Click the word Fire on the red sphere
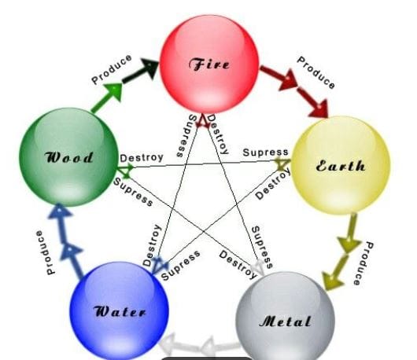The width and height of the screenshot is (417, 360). (209, 64)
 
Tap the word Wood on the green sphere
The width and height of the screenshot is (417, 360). (69, 157)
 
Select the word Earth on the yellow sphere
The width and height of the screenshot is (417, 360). (341, 166)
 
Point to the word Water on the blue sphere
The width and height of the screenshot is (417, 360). (120, 311)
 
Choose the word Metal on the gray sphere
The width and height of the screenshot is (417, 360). (286, 321)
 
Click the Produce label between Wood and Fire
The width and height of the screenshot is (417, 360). (112, 69)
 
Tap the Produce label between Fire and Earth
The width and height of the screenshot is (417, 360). (316, 72)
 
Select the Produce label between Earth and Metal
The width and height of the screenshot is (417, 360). (363, 263)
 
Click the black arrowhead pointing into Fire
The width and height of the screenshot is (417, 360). (150, 68)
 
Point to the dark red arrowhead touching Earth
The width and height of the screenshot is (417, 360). (319, 108)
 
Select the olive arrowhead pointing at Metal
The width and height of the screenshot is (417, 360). (332, 281)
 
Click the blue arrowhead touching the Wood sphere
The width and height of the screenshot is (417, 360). (59, 211)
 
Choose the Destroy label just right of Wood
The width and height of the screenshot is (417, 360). (142, 158)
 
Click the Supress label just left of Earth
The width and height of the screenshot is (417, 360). (265, 152)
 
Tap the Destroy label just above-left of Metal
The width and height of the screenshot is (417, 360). (238, 265)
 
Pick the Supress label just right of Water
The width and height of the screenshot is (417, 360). (181, 265)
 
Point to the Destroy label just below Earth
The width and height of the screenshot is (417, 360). (273, 185)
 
